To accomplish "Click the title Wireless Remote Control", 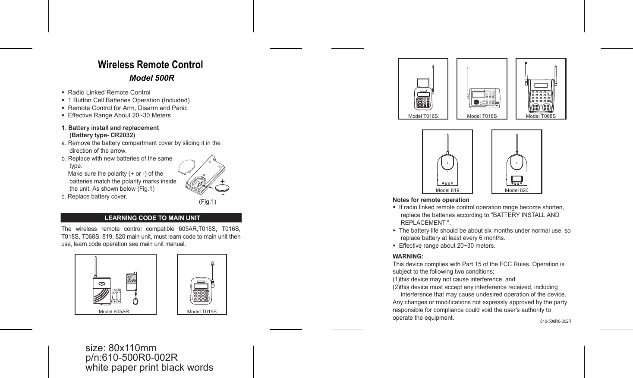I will pyautogui.click(x=150, y=65).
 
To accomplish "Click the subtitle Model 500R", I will pyautogui.click(x=152, y=78).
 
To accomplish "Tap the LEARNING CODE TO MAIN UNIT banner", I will pyautogui.click(x=152, y=218).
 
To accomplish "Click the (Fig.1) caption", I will pyautogui.click(x=208, y=202).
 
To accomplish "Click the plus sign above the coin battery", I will pyautogui.click(x=222, y=181).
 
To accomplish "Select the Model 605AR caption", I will pyautogui.click(x=114, y=312).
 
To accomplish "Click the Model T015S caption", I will pyautogui.click(x=202, y=312).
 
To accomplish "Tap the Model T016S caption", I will pyautogui.click(x=423, y=116).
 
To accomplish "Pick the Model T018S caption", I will pyautogui.click(x=482, y=116).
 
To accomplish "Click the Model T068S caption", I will pyautogui.click(x=541, y=116).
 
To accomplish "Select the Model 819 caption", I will pyautogui.click(x=447, y=190).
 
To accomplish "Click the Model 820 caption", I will pyautogui.click(x=516, y=190).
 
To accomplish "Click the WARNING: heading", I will pyautogui.click(x=408, y=256).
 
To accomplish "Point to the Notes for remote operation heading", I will pyautogui.click(x=431, y=200).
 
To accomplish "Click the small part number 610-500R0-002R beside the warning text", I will pyautogui.click(x=556, y=321).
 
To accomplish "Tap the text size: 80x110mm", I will pyautogui.click(x=121, y=348).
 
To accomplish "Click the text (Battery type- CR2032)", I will pyautogui.click(x=102, y=135).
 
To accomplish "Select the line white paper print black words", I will pyautogui.click(x=149, y=368).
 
